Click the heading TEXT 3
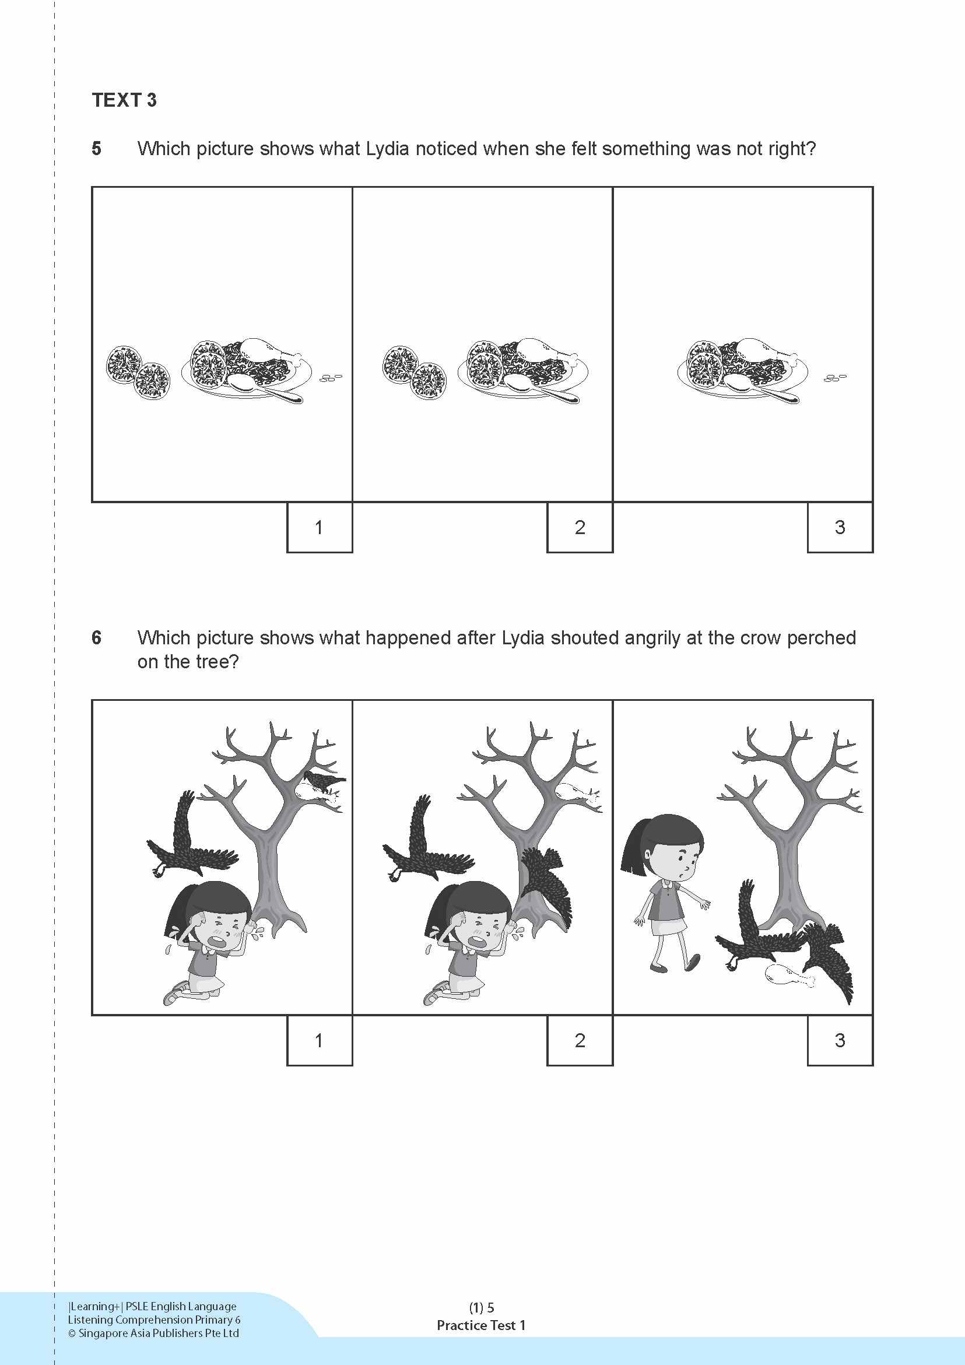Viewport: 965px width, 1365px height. coord(124,100)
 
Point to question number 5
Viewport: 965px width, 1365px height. coord(96,149)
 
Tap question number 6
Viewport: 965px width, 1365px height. coord(96,638)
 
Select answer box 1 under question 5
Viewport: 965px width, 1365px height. coord(320,527)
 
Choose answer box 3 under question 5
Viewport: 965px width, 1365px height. coord(840,527)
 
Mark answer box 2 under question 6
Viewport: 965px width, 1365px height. coord(580,1040)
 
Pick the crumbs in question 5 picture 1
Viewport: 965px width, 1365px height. coord(331,377)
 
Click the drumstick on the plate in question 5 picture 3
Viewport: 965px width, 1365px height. coord(764,350)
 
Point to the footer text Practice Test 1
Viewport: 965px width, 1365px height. coord(481,1325)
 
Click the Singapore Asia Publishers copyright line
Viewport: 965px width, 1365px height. coord(153,1333)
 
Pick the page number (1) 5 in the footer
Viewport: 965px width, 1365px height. coord(481,1307)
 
